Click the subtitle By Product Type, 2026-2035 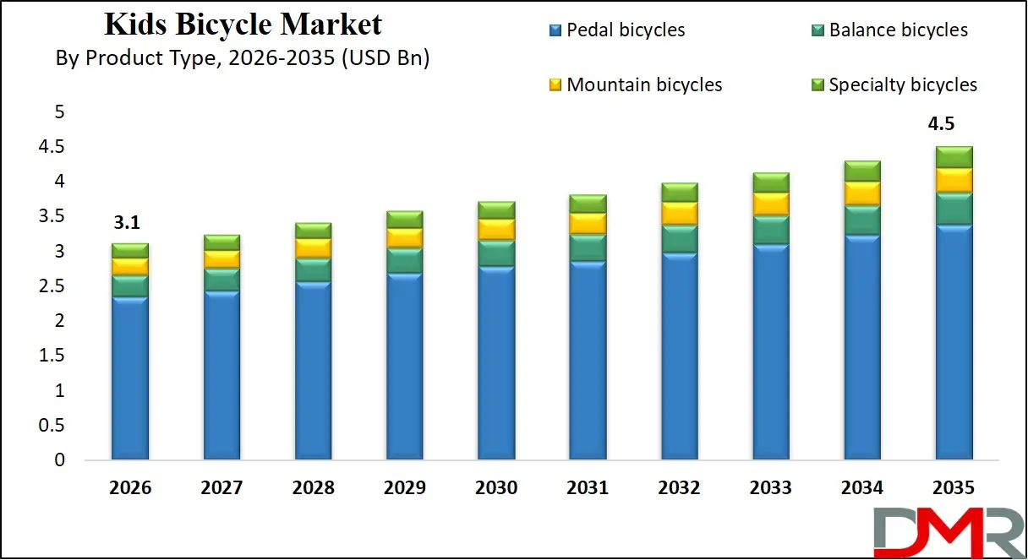tap(243, 59)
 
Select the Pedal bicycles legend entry tap(616, 30)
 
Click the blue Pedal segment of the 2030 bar tap(496, 363)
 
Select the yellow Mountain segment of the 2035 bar tap(954, 180)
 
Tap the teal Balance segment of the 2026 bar tap(129, 286)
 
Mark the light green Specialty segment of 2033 tap(771, 182)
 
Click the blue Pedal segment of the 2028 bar tap(313, 372)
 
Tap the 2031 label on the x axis tap(588, 488)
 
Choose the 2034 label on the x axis tap(862, 488)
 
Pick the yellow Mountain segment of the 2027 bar tap(221, 259)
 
